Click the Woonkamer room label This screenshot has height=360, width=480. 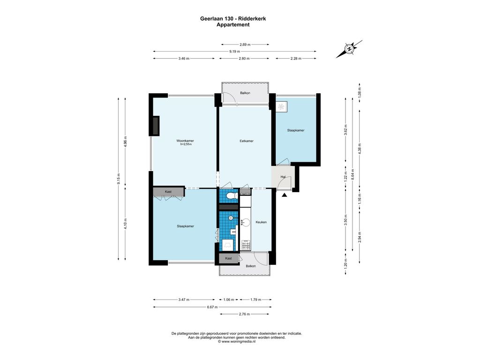click(x=185, y=141)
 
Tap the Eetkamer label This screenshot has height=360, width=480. click(x=247, y=141)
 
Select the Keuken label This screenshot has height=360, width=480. click(x=261, y=222)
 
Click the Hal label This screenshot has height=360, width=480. click(x=283, y=177)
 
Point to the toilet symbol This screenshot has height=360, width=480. click(x=232, y=195)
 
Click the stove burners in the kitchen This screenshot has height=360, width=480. click(x=246, y=245)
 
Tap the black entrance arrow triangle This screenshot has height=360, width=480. click(x=285, y=195)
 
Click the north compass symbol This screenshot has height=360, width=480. click(x=349, y=49)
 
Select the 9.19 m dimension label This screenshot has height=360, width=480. click(x=235, y=52)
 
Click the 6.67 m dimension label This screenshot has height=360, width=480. click(x=212, y=307)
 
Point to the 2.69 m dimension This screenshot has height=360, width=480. click(x=245, y=45)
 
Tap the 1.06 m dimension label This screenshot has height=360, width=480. click(x=229, y=300)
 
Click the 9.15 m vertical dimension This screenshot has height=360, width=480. click(x=119, y=179)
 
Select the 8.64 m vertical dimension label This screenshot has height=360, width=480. click(x=352, y=174)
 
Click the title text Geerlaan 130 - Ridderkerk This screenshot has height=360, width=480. click(x=233, y=19)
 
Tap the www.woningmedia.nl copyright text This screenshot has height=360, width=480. click(x=236, y=342)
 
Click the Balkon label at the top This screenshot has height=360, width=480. click(x=245, y=93)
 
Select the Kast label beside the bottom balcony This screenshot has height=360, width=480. click(x=228, y=258)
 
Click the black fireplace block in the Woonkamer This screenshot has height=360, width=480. click(x=156, y=126)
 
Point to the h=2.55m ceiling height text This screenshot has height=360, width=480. click(x=186, y=144)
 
